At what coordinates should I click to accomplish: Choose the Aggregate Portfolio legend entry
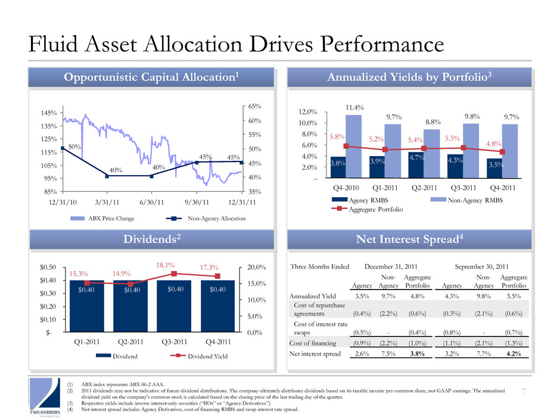(369, 209)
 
